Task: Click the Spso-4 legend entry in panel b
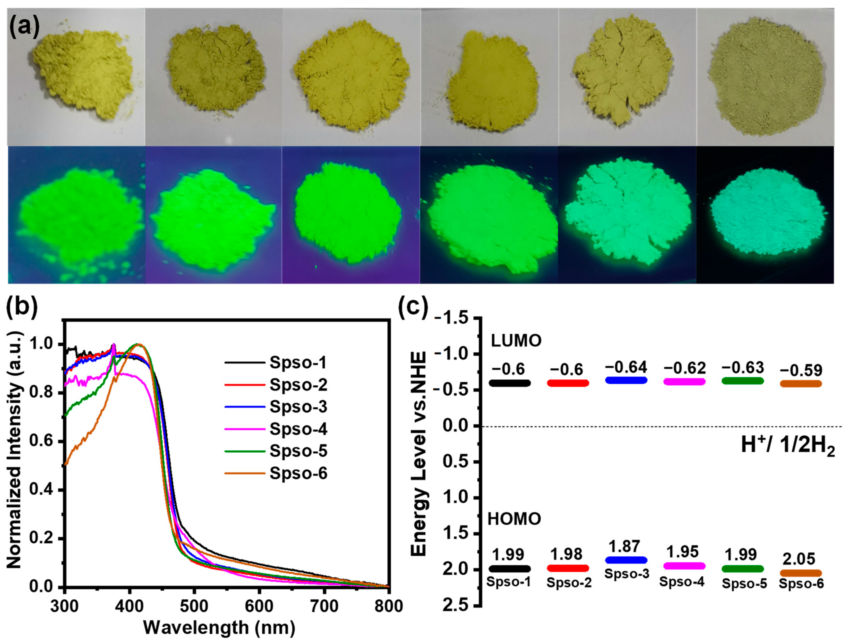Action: (x=298, y=429)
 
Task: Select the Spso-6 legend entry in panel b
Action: (x=298, y=473)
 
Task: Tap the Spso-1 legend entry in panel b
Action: (x=298, y=362)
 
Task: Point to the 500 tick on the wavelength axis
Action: (x=195, y=607)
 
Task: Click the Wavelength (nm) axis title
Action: (x=219, y=628)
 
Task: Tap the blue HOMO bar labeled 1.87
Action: (x=626, y=560)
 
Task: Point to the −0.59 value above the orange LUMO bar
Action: (x=801, y=370)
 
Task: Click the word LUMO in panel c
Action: (x=516, y=341)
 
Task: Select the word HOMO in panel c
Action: (x=514, y=519)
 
